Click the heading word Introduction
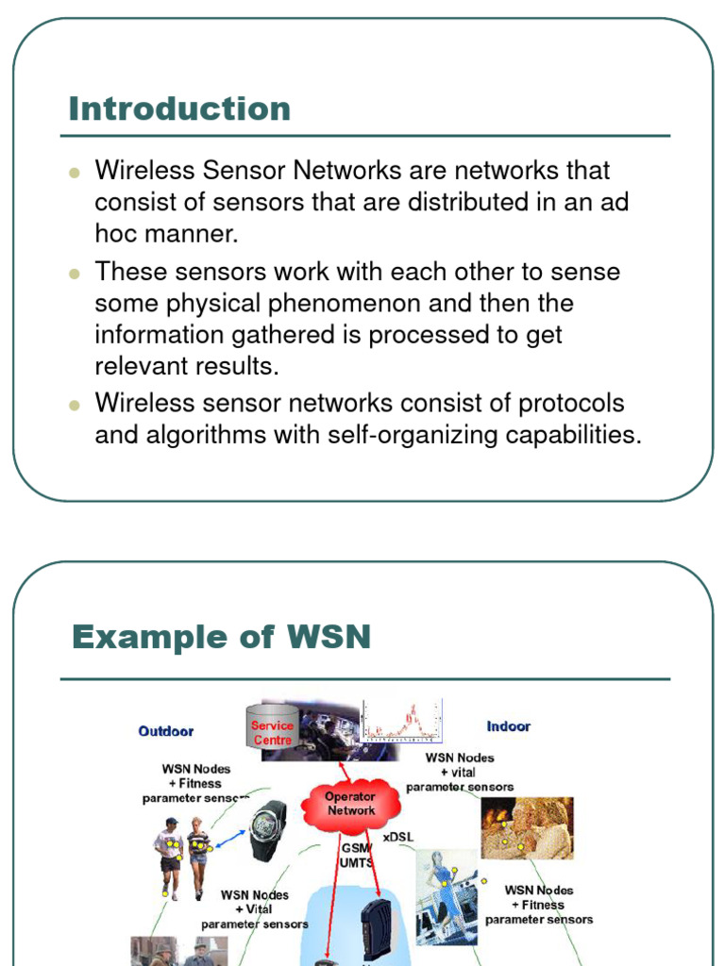179,108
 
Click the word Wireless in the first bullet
143,171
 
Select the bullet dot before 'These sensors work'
75,274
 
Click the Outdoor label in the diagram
166,731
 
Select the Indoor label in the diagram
508,726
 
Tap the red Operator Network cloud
350,804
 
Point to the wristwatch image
268,829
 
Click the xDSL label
398,837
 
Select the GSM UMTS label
357,856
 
